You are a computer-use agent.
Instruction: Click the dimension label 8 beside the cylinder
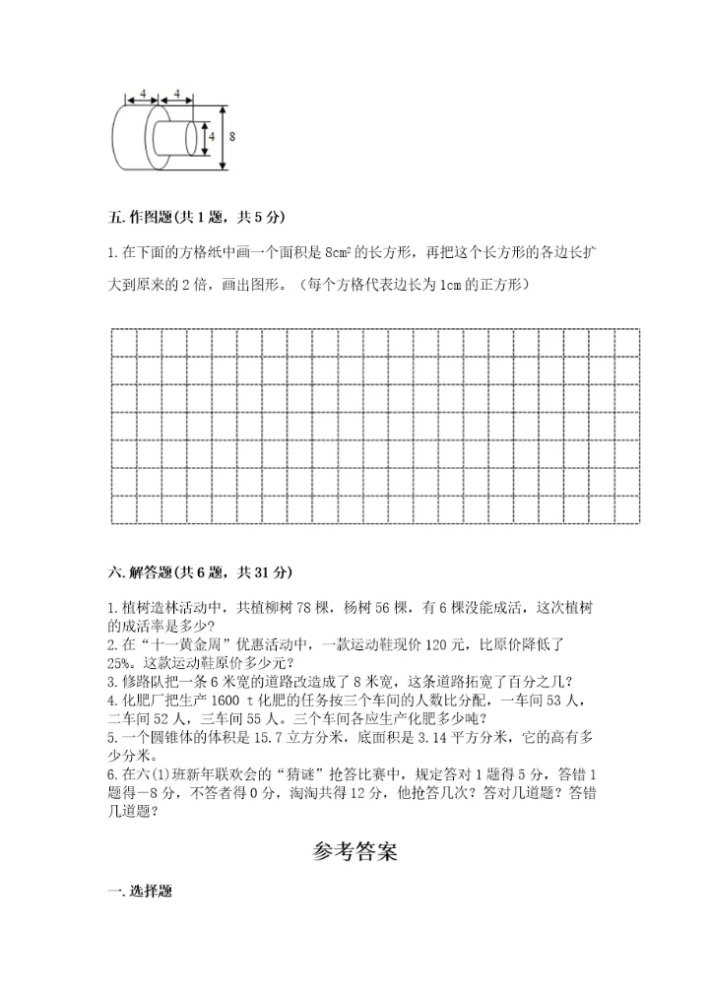(231, 137)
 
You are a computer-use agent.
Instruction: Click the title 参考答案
(354, 852)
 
